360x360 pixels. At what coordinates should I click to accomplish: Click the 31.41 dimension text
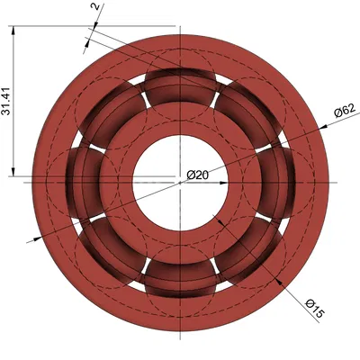pyautogui.click(x=8, y=101)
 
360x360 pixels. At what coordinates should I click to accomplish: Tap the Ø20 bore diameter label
pyautogui.click(x=198, y=174)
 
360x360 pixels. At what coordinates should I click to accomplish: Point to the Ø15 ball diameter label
pyautogui.click(x=314, y=308)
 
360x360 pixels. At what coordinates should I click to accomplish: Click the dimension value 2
pyautogui.click(x=95, y=8)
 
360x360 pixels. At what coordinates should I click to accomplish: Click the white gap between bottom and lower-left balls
pyautogui.click(x=143, y=272)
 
